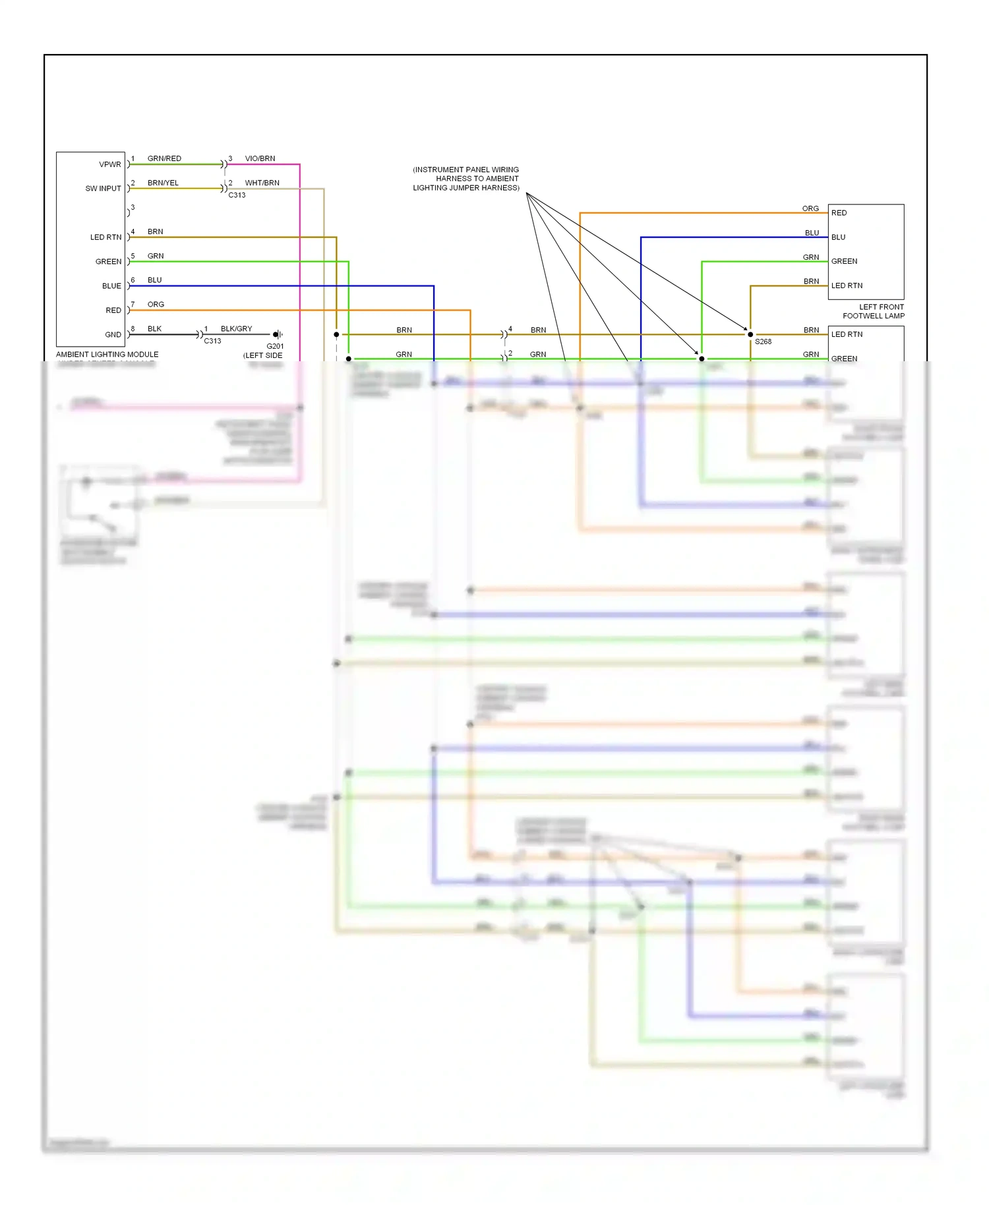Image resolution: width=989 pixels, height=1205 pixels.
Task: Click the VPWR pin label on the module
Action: pyautogui.click(x=110, y=165)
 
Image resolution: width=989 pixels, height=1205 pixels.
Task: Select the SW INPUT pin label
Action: pyautogui.click(x=104, y=189)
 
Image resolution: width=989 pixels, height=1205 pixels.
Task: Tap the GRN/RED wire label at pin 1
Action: pyautogui.click(x=164, y=159)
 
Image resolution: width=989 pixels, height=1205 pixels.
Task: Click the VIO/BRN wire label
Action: pyautogui.click(x=260, y=159)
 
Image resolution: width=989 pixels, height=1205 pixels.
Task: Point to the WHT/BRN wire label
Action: pyautogui.click(x=262, y=183)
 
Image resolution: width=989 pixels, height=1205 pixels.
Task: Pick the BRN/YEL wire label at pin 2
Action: pyautogui.click(x=163, y=183)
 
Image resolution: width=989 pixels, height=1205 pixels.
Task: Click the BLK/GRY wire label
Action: pyautogui.click(x=236, y=329)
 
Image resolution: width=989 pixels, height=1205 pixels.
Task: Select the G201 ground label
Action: pyautogui.click(x=275, y=346)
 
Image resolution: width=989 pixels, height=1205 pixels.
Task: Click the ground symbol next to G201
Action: pyautogui.click(x=278, y=335)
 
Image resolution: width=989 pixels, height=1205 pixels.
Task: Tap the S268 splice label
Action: pyautogui.click(x=763, y=341)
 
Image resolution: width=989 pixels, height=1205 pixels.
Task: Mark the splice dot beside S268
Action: pyautogui.click(x=750, y=335)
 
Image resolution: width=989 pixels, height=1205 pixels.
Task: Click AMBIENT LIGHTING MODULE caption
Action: pyautogui.click(x=107, y=355)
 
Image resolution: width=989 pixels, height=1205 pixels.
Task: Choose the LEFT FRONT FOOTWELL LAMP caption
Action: pyautogui.click(x=873, y=311)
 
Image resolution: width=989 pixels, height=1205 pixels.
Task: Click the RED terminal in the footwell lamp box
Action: pyautogui.click(x=839, y=213)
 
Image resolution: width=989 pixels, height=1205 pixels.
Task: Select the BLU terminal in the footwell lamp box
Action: pyautogui.click(x=838, y=237)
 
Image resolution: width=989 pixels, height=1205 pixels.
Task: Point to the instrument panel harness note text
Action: pyautogui.click(x=466, y=179)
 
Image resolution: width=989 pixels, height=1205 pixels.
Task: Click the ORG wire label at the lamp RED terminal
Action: pyautogui.click(x=810, y=208)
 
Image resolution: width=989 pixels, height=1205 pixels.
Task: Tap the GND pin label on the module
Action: pyautogui.click(x=113, y=335)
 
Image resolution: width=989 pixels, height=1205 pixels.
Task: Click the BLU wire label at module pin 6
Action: pyautogui.click(x=155, y=280)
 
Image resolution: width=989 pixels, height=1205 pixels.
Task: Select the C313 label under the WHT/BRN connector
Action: pyautogui.click(x=237, y=195)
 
